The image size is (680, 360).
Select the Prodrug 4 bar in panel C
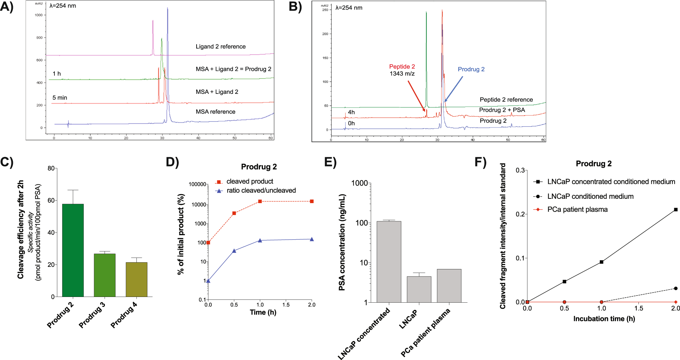(136, 279)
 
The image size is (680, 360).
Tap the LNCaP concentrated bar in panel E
(389, 262)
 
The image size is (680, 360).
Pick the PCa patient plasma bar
(449, 286)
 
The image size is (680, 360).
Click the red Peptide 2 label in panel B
(402, 67)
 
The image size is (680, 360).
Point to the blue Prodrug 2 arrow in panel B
(453, 89)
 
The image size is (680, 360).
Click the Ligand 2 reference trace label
(221, 47)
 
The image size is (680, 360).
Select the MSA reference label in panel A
(215, 112)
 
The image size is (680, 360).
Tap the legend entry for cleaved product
(250, 182)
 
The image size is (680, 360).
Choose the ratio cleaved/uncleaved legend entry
(261, 191)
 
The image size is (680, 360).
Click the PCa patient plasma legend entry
(577, 210)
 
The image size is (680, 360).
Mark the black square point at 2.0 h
(676, 210)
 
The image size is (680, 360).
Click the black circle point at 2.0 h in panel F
(676, 288)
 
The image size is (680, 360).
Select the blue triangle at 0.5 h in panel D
(234, 251)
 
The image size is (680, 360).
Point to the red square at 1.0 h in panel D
(260, 201)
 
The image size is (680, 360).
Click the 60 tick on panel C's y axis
(51, 201)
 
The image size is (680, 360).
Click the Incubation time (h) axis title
(604, 319)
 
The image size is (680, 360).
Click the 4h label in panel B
(351, 112)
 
